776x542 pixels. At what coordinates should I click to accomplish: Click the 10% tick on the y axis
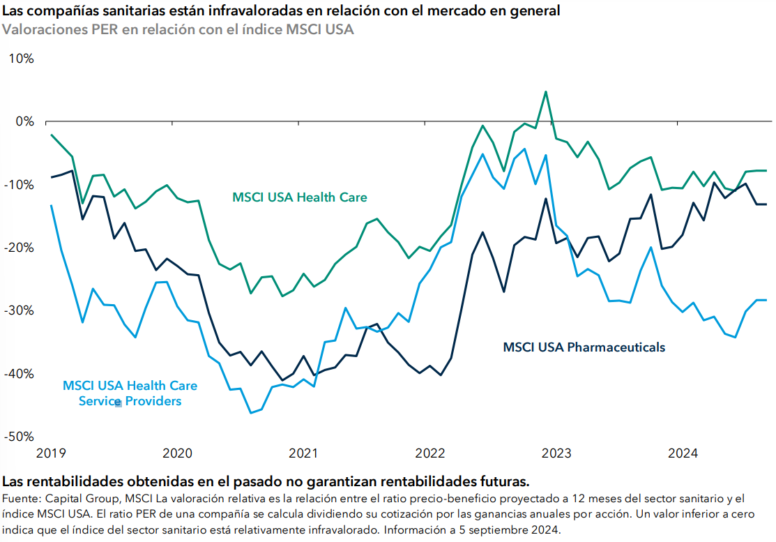pyautogui.click(x=20, y=59)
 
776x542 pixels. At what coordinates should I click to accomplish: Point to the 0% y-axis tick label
pyautogui.click(x=24, y=121)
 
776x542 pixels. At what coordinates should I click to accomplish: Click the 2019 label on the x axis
pyautogui.click(x=50, y=453)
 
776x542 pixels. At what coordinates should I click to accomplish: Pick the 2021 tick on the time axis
pyautogui.click(x=303, y=453)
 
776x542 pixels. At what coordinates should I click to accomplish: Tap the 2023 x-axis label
pyautogui.click(x=556, y=453)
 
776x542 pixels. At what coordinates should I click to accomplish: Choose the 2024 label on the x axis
pyautogui.click(x=683, y=453)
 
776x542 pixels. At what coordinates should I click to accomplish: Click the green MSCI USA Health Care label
pyautogui.click(x=299, y=197)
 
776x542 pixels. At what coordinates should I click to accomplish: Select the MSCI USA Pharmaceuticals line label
pyautogui.click(x=584, y=347)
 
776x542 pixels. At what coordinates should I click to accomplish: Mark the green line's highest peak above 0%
pyautogui.click(x=545, y=91)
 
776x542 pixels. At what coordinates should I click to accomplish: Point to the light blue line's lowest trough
pyautogui.click(x=251, y=413)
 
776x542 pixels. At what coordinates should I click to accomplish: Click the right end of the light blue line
pyautogui.click(x=766, y=300)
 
